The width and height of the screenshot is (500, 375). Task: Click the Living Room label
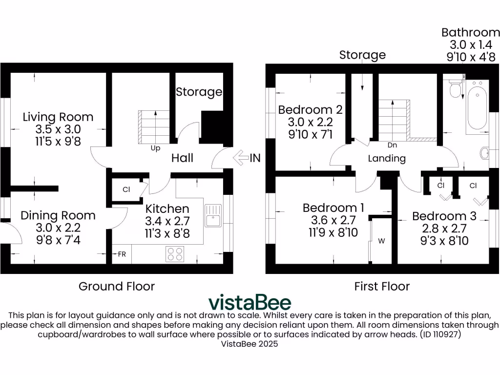point(58,117)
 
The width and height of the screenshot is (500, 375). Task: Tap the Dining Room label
point(58,215)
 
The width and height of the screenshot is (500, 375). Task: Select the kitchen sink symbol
point(213,215)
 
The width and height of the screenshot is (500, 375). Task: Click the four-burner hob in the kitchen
point(176,254)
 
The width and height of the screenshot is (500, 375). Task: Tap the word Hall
point(182,158)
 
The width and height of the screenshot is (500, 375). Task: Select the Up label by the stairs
point(155,147)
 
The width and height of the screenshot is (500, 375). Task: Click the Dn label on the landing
point(392,146)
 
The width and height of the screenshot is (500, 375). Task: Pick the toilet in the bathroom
point(455,89)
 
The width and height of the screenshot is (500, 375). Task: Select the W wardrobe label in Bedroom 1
point(381,241)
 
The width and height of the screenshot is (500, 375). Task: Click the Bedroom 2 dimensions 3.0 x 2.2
point(310,122)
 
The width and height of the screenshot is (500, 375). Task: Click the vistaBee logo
point(250,302)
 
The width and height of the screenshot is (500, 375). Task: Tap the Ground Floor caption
point(117,286)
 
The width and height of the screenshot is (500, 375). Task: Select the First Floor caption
point(382,286)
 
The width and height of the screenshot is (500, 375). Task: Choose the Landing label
point(387,158)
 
